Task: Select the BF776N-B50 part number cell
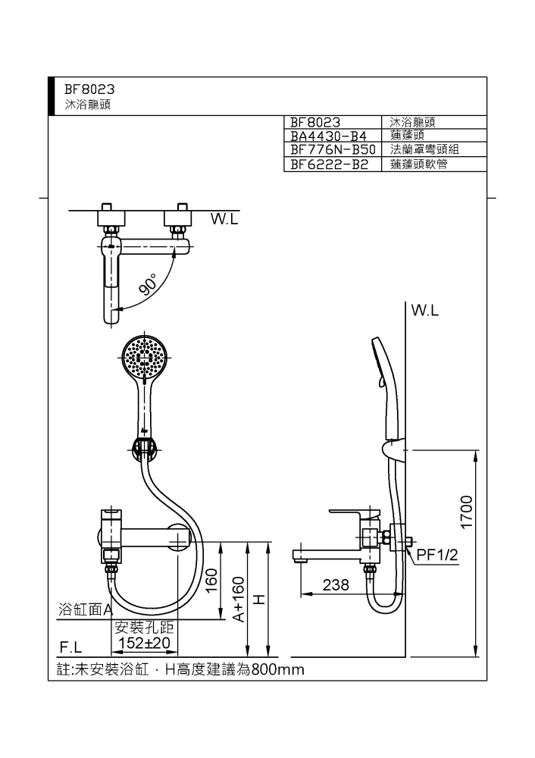coord(333,149)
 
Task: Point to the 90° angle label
coord(149,283)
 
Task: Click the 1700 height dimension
coord(466,512)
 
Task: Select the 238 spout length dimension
coord(336,585)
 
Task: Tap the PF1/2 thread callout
coord(437,555)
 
